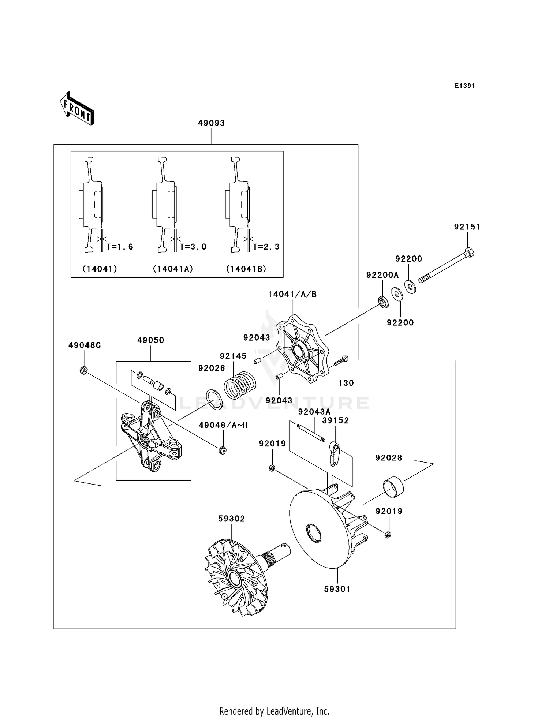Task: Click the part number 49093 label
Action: point(211,123)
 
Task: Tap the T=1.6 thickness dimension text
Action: point(120,247)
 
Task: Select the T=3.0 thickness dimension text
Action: point(193,247)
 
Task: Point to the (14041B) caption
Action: point(246,269)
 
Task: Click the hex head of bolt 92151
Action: point(469,252)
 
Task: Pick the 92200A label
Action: point(382,275)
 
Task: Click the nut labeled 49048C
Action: point(83,371)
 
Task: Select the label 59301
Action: point(337,589)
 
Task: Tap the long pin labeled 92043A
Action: point(311,433)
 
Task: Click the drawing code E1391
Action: point(465,86)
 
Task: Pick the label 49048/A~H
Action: point(223,425)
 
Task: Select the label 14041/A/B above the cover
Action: point(292,294)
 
